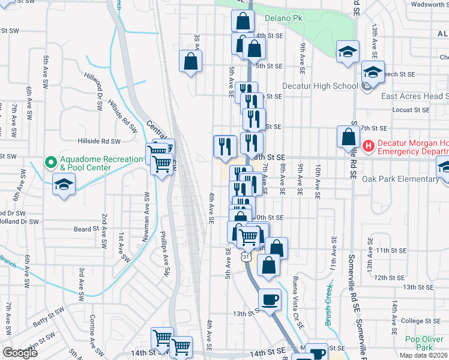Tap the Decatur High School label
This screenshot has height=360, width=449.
pos(319,86)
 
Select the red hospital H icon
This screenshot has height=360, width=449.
pos(368,145)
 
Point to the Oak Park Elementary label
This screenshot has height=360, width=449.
pos(401,179)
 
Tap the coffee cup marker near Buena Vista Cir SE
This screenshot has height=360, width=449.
pos(270,299)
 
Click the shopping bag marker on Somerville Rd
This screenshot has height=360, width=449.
pos(348,137)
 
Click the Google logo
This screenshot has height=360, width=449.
pos(20,353)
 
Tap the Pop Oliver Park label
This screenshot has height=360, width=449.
pos(419,343)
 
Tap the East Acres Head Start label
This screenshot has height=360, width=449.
pos(414,97)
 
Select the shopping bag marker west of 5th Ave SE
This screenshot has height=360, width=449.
pos(190,61)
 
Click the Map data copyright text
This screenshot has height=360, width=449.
pos(423,355)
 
